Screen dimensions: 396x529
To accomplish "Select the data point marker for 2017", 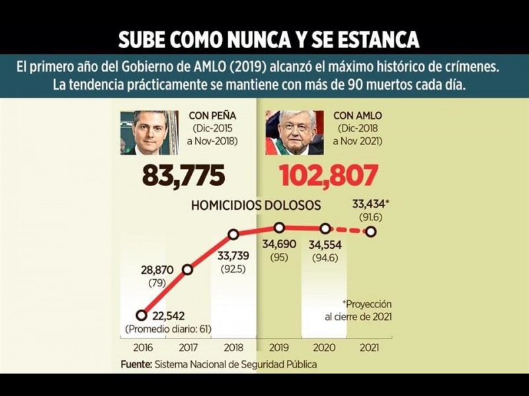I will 188,269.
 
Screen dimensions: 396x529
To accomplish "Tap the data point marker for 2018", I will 233,234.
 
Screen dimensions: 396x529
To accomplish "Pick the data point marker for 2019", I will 279,227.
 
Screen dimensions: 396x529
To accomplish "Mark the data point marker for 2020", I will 325,228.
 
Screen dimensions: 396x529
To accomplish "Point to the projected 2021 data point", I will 370,232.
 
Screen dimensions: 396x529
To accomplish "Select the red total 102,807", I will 329,176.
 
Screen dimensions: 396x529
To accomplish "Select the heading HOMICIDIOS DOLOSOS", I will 256,205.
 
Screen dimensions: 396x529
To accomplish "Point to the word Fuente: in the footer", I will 136,364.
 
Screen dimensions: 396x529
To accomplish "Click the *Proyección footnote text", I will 367,304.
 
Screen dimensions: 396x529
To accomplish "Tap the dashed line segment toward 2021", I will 348,230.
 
